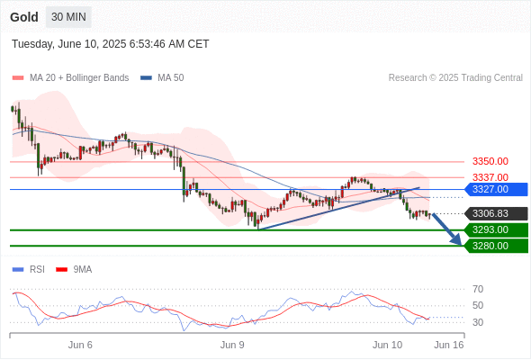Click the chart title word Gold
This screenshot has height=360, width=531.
tap(24, 17)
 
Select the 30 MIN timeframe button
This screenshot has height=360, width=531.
tap(68, 17)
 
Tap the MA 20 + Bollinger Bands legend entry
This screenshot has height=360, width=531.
tap(70, 78)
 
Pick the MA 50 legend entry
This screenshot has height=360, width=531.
tap(162, 78)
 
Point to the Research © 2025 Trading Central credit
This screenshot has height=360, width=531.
tap(455, 78)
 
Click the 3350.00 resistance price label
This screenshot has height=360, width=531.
tap(490, 161)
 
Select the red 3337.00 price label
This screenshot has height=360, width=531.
tap(490, 177)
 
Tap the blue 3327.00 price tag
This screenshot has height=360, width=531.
tap(496, 189)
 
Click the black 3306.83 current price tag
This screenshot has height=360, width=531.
tap(496, 213)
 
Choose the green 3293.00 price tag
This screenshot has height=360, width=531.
tap(496, 230)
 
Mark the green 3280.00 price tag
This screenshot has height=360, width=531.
tap(496, 246)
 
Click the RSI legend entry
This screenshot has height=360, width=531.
tap(29, 270)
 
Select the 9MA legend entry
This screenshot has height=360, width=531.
tap(74, 270)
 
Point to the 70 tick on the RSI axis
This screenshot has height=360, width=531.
tap(478, 289)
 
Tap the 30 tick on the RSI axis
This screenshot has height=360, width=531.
tap(478, 322)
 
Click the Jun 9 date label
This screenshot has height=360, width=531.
tap(232, 345)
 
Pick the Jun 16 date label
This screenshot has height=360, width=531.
tap(449, 345)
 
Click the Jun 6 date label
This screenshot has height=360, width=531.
tap(80, 345)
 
